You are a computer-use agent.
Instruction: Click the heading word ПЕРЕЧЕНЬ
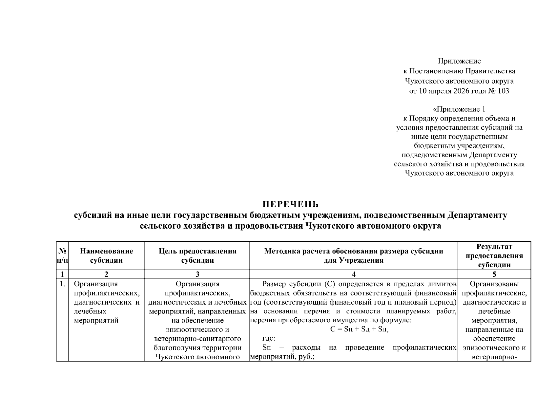tap(290, 205)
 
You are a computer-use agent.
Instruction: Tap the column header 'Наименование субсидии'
tap(106, 255)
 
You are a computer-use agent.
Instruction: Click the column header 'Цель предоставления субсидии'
tap(197, 255)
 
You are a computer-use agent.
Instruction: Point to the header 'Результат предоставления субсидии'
tap(494, 255)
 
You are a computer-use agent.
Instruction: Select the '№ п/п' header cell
tap(62, 255)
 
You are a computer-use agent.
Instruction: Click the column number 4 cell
tap(353, 274)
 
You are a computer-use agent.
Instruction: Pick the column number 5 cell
tap(494, 274)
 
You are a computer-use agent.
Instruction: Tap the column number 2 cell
tap(106, 274)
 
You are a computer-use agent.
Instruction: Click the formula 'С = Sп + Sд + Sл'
tap(359, 329)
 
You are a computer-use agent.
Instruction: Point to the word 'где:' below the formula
tap(269, 339)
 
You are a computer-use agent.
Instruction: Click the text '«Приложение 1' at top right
tap(459, 109)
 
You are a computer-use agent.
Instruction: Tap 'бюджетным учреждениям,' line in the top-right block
tap(459, 145)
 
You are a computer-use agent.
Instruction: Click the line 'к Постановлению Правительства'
tap(459, 71)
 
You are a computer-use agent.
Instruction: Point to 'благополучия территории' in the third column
tap(197, 348)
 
